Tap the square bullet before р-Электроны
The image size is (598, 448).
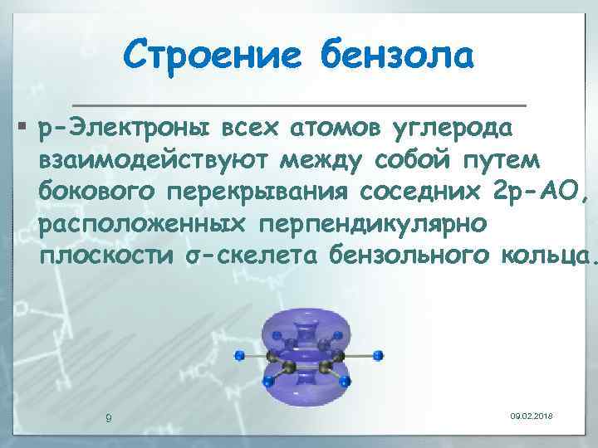pyautogui.click(x=21, y=129)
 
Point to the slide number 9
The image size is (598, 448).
pyautogui.click(x=109, y=417)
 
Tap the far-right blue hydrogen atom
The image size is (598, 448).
pyautogui.click(x=380, y=355)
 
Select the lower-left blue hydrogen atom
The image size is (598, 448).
pyautogui.click(x=267, y=382)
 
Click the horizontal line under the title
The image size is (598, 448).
pyautogui.click(x=299, y=105)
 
